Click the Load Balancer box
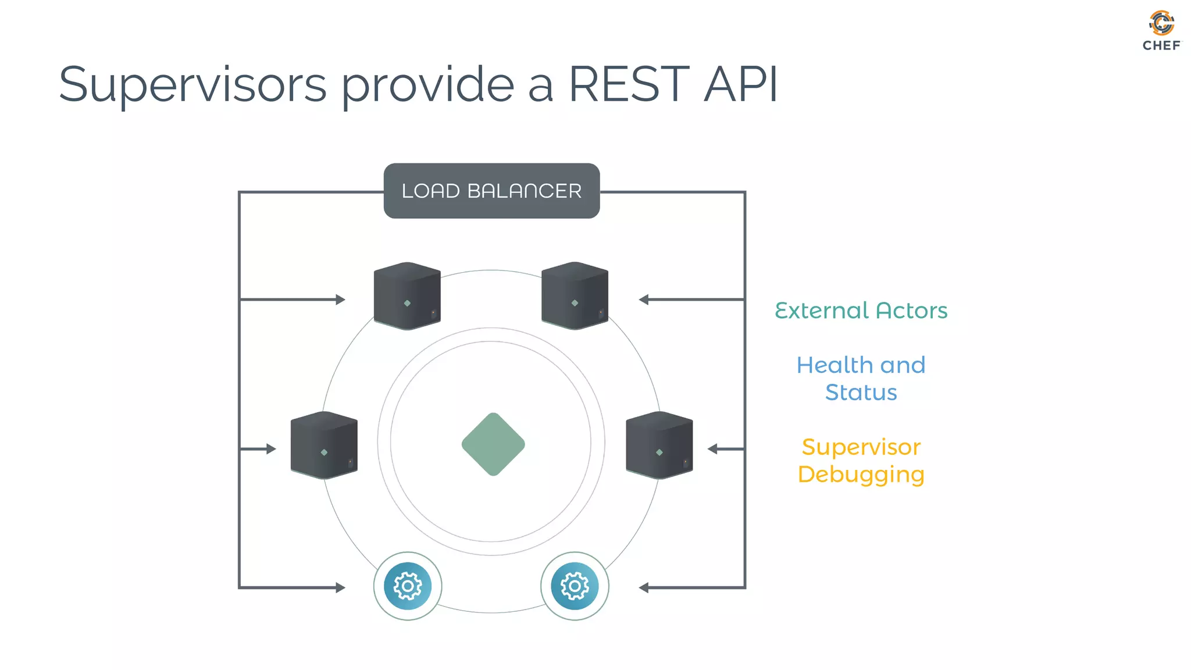[x=491, y=191]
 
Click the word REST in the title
[x=628, y=85]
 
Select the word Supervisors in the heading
[x=192, y=85]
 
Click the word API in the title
[x=740, y=85]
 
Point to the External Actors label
[x=861, y=311]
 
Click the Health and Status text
[x=861, y=379]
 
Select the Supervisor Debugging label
[x=861, y=461]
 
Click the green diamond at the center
[x=493, y=444]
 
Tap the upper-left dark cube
[x=407, y=296]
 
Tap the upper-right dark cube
[x=575, y=296]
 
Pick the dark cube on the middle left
[x=324, y=446]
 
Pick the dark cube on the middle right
[x=659, y=446]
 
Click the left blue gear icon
[x=408, y=586]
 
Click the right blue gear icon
[x=575, y=586]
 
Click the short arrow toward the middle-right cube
[x=725, y=449]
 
